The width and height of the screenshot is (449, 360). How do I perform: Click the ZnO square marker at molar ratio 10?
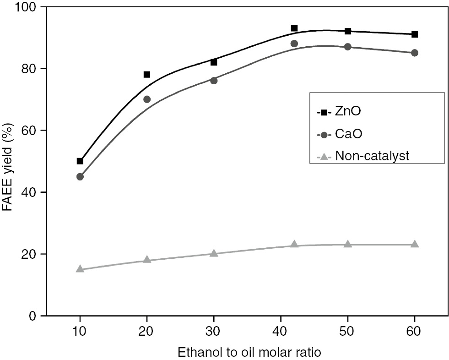[80, 161]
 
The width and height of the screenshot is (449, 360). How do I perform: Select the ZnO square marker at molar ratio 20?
[147, 74]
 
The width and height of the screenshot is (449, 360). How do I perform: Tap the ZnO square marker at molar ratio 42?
[294, 28]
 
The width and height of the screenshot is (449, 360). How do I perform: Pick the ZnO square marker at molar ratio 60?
[415, 34]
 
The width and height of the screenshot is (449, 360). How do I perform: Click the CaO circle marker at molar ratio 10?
[80, 176]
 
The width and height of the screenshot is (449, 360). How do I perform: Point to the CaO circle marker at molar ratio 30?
[214, 81]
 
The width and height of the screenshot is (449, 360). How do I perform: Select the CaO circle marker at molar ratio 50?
[348, 47]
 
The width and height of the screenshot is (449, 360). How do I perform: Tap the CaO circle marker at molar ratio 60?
[415, 53]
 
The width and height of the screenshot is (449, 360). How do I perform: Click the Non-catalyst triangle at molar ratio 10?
[80, 269]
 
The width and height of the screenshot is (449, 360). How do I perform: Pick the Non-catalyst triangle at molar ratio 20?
[147, 260]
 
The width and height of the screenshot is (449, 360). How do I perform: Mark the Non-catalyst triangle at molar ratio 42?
[294, 244]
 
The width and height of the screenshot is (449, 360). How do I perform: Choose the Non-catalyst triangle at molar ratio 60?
[415, 244]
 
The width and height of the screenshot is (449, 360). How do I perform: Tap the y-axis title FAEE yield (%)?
[8, 161]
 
